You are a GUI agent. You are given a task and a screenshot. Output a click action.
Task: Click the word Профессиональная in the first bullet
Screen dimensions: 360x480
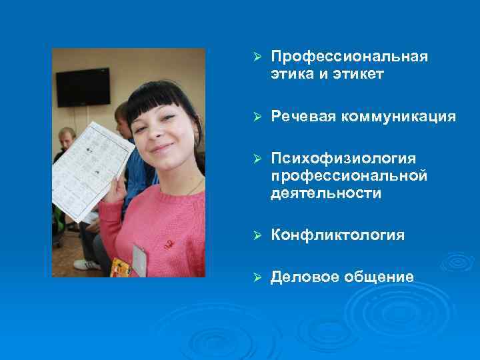click(349, 57)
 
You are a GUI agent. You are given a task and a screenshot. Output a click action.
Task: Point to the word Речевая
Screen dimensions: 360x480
click(303, 117)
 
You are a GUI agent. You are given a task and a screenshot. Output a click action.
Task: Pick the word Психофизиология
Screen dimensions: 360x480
click(343, 159)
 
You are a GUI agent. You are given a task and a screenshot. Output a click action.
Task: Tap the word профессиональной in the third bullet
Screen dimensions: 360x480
click(349, 176)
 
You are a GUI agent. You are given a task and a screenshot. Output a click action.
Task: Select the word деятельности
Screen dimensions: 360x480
click(326, 193)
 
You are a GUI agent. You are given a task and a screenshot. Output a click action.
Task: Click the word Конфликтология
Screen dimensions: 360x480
click(337, 235)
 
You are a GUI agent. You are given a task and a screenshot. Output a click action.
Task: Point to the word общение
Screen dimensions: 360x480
click(380, 277)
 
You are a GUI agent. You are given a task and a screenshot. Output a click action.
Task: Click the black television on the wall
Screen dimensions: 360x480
click(83, 87)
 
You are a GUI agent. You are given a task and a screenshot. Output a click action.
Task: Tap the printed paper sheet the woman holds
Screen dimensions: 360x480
click(87, 167)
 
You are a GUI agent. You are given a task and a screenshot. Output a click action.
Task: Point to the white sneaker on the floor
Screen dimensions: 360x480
click(87, 265)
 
